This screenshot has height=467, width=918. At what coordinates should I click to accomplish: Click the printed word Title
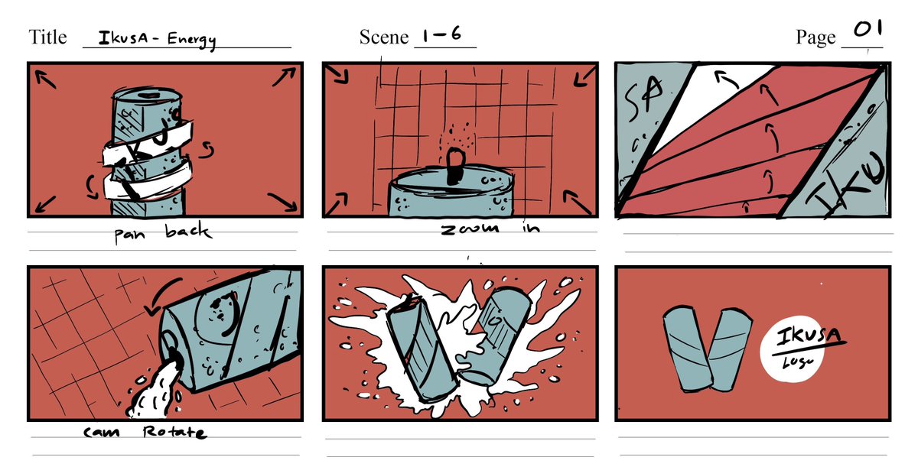coord(47,37)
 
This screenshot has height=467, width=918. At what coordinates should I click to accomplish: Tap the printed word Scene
coord(383,37)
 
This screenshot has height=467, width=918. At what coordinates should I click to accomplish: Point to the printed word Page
coord(815,37)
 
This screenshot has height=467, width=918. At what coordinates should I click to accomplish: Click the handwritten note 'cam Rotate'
coord(145,433)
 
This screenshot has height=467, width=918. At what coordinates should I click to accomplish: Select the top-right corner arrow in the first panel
coord(284,76)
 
